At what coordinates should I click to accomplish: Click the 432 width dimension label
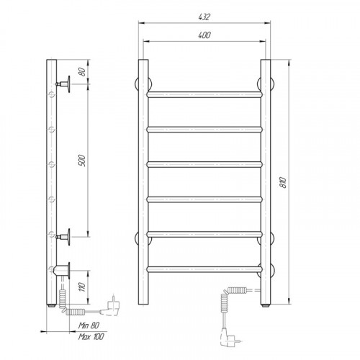click(204, 17)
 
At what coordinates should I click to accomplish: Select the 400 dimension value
click(204, 35)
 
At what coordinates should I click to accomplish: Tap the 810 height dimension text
click(283, 182)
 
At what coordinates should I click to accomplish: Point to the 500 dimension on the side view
click(82, 161)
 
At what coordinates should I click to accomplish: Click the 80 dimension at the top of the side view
click(82, 72)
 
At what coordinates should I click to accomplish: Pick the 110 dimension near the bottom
click(82, 287)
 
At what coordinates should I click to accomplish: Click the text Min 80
click(89, 325)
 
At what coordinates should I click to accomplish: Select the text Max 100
click(91, 336)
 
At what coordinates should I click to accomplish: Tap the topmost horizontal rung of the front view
click(204, 94)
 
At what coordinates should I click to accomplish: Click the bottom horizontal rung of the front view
click(204, 269)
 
